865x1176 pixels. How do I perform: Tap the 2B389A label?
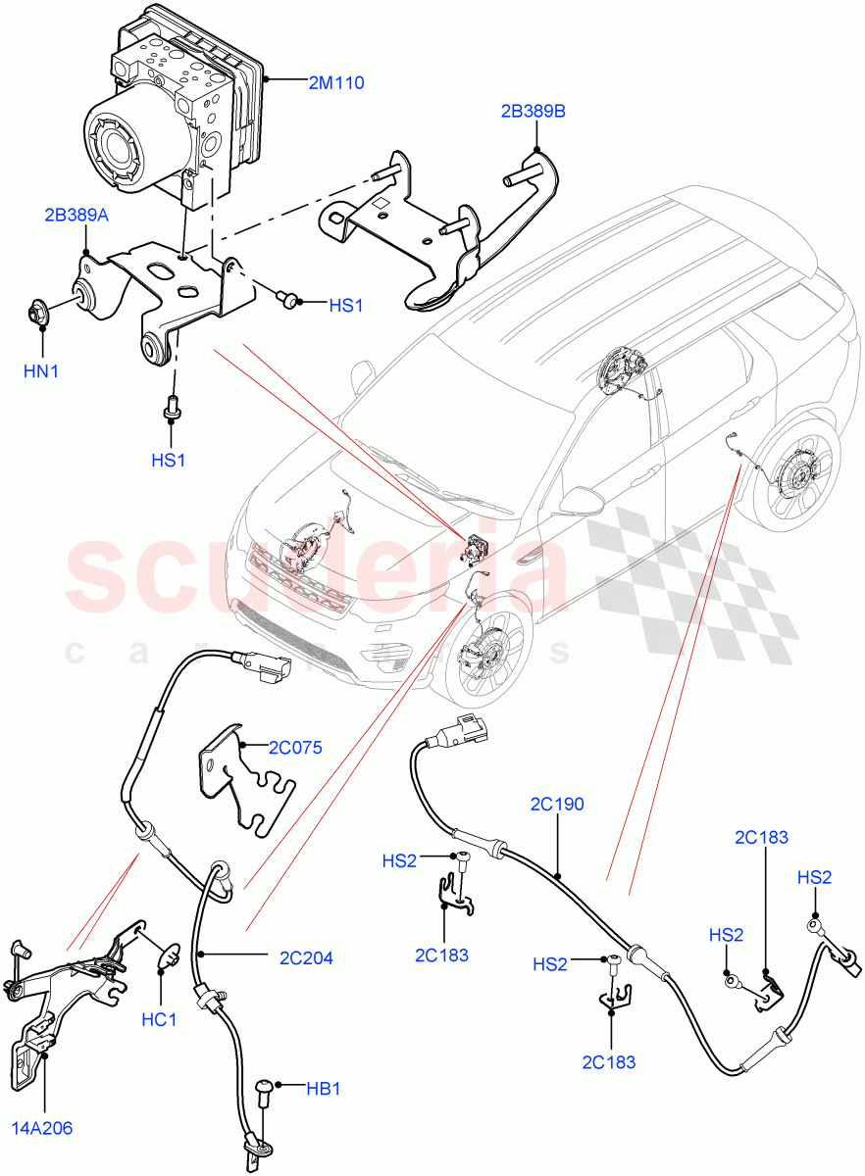76,214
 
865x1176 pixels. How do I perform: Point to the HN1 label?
42,370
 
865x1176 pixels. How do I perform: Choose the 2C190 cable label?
556,805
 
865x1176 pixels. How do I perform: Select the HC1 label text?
158,1020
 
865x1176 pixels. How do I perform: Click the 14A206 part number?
42,1128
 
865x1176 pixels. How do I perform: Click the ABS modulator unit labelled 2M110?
177,108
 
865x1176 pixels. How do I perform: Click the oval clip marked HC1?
168,953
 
